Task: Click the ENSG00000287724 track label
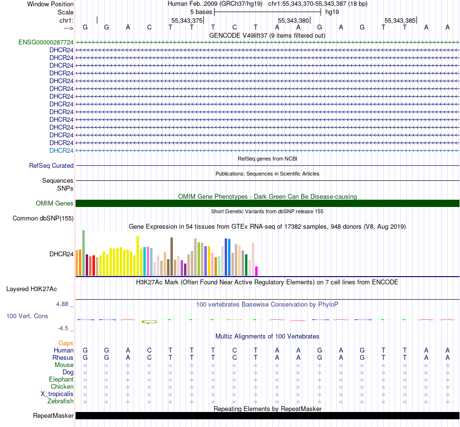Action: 46,42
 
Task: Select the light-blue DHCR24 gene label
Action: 61,150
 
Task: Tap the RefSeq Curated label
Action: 51,165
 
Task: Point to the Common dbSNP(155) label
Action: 43,218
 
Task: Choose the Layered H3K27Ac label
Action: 31,289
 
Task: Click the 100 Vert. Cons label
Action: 27,316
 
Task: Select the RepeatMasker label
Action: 53,416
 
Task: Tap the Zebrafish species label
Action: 61,401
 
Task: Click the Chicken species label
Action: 62,386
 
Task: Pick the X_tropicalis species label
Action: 57,394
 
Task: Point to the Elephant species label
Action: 61,379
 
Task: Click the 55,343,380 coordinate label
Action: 293,21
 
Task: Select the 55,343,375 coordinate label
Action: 186,21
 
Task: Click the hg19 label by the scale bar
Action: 332,12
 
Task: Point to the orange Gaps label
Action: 66,343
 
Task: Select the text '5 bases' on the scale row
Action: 200,12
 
